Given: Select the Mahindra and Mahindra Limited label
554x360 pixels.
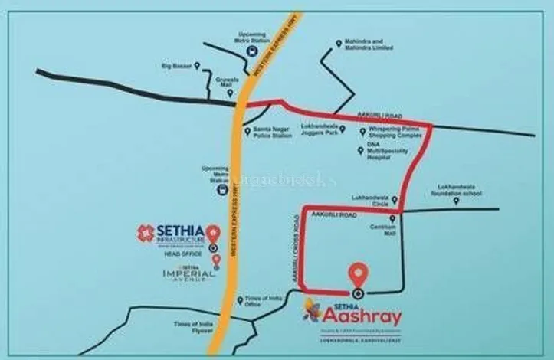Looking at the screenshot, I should (371, 46).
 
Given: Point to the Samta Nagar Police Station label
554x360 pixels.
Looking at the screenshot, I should (273, 133).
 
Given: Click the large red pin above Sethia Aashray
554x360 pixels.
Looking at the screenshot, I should (357, 275).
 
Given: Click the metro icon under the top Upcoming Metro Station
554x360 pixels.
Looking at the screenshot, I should (251, 52).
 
